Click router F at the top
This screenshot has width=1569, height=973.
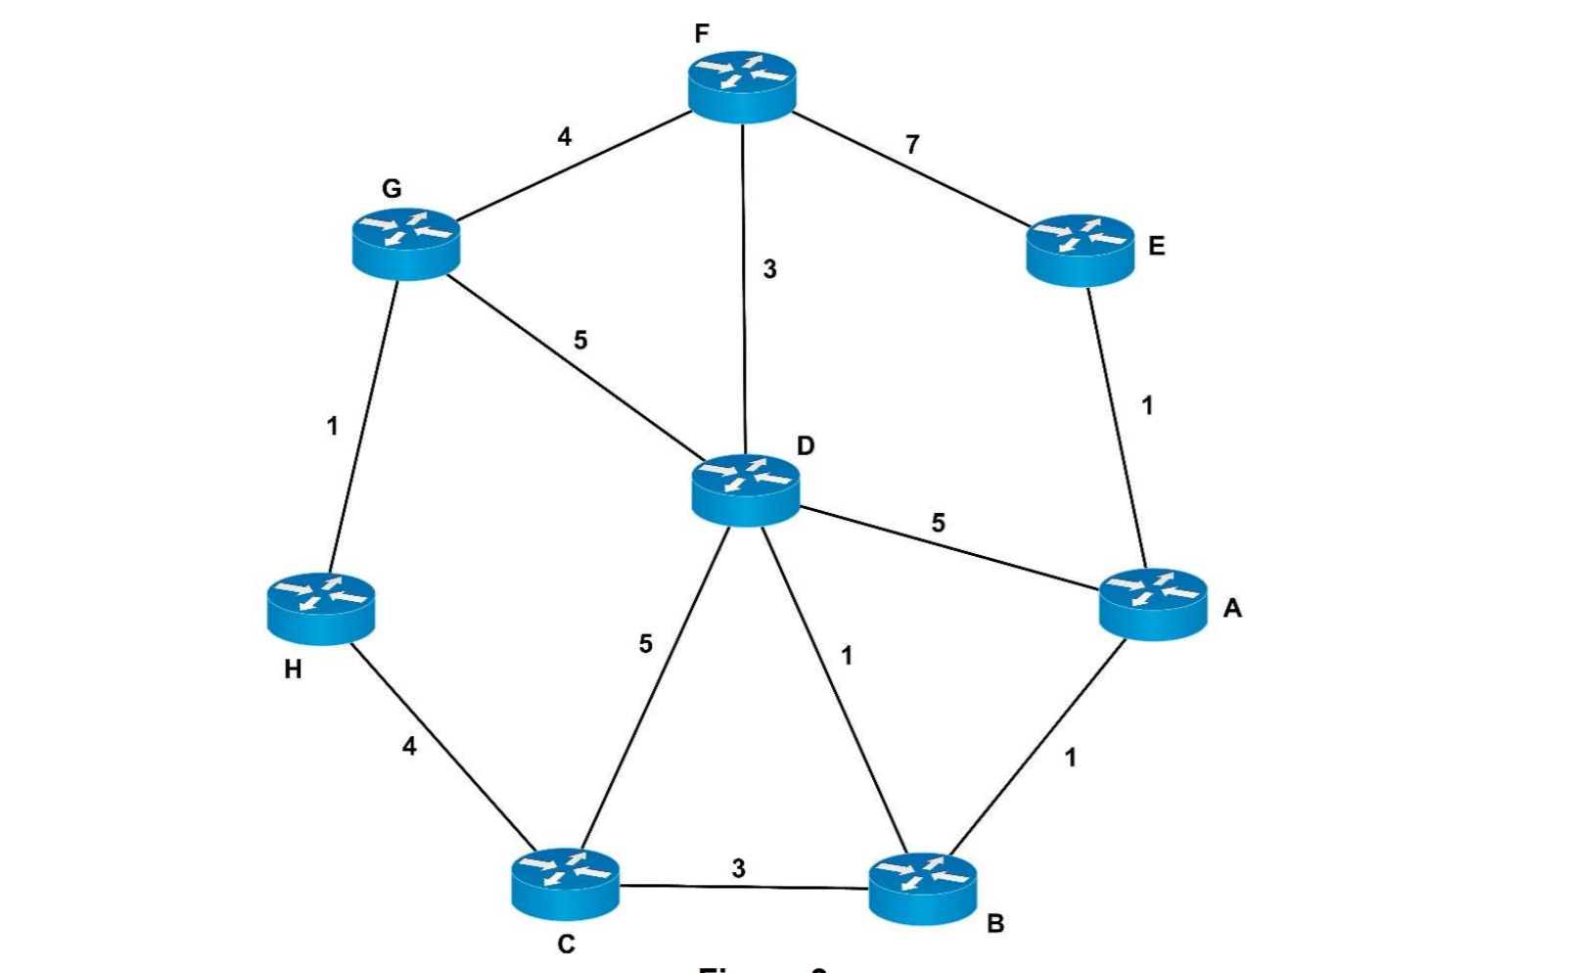(x=742, y=86)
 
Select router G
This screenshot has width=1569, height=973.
(x=405, y=243)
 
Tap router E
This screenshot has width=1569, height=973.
(x=1080, y=249)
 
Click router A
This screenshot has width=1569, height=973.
(x=1153, y=603)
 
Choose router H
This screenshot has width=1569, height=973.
(x=320, y=608)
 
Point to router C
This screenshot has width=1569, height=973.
(x=565, y=883)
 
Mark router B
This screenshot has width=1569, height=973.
(x=922, y=888)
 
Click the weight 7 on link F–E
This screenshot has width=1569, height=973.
(x=912, y=145)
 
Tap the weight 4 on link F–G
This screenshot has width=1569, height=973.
(x=564, y=137)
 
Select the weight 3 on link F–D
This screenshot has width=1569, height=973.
(x=769, y=269)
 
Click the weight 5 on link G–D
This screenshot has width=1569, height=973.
(x=580, y=340)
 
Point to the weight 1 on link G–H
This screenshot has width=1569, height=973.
(x=333, y=427)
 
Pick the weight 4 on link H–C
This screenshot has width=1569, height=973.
(x=409, y=746)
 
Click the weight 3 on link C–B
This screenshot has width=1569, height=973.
(x=738, y=868)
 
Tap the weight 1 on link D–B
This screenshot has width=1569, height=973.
(x=847, y=656)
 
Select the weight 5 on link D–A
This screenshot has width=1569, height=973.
(x=938, y=523)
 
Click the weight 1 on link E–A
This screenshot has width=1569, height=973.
(x=1147, y=405)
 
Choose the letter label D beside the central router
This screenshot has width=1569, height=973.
(x=805, y=446)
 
